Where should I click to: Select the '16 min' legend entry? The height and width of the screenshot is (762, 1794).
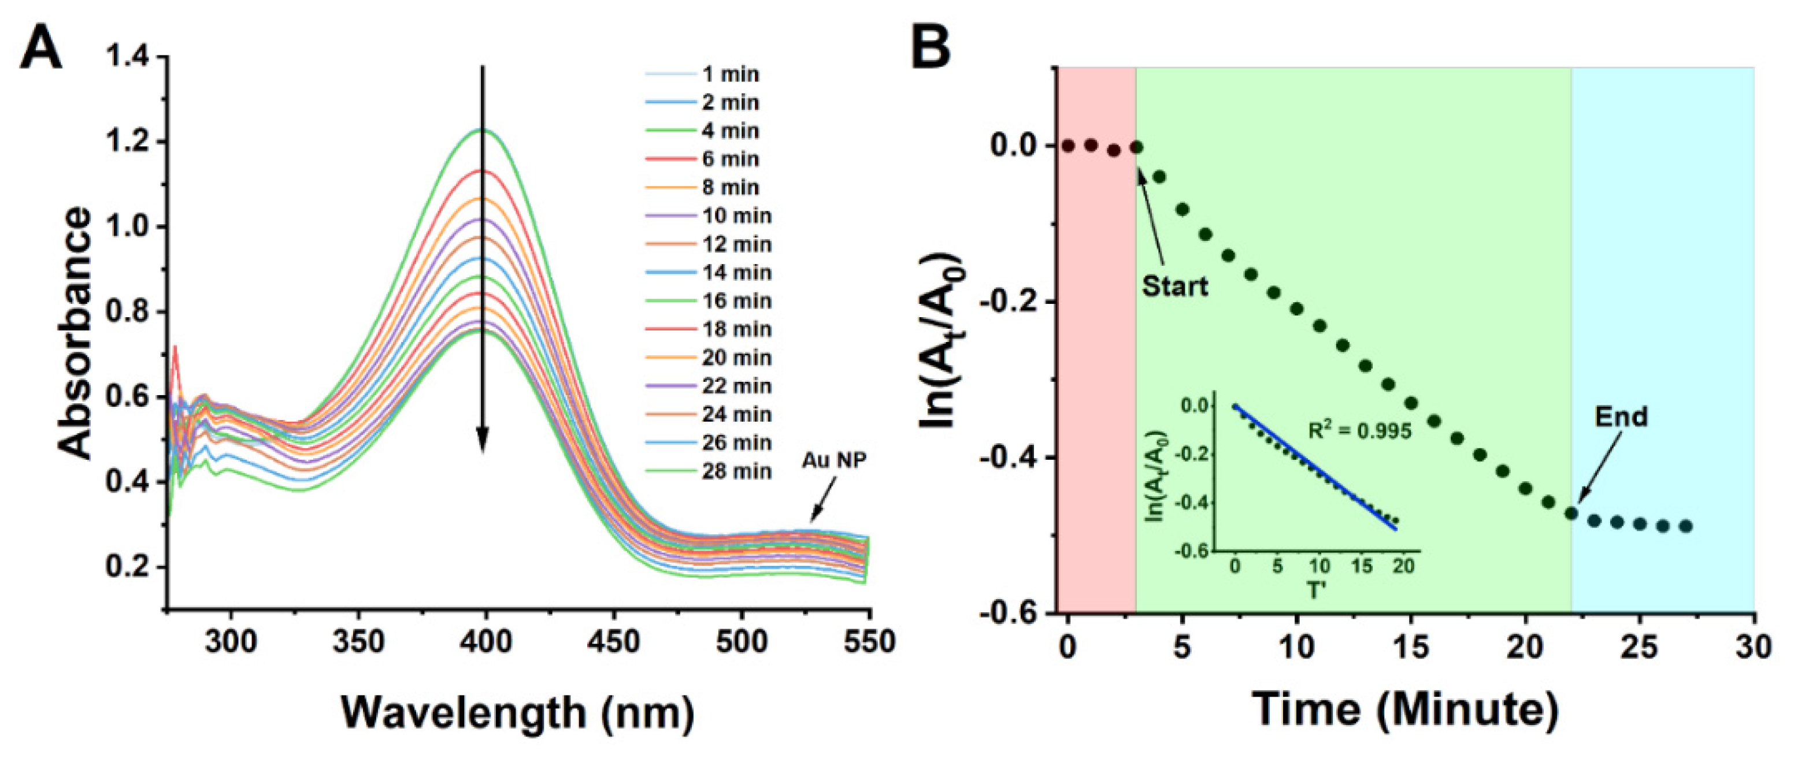(x=736, y=300)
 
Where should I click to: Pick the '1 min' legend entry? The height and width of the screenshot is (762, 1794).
(x=730, y=74)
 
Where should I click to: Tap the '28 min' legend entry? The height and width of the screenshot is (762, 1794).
(x=736, y=471)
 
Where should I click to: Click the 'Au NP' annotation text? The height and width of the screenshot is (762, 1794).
(x=833, y=460)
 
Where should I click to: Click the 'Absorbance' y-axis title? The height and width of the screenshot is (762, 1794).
(x=75, y=333)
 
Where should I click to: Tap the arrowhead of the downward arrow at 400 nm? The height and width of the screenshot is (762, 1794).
(x=482, y=441)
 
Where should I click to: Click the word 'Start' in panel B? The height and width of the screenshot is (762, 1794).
(x=1175, y=286)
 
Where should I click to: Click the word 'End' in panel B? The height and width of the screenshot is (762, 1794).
(x=1621, y=416)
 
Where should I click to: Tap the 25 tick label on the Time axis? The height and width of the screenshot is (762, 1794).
(x=1639, y=647)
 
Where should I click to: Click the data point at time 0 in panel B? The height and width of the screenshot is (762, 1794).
(x=1067, y=146)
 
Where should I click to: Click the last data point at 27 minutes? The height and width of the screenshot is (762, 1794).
(x=1685, y=526)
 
